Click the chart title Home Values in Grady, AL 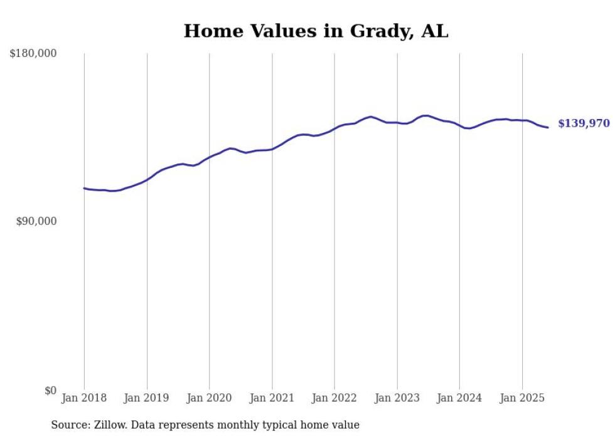(316, 31)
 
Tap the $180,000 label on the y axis (33, 54)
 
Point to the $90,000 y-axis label (36, 222)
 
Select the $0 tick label (50, 390)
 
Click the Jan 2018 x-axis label (84, 398)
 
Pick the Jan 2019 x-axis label (147, 398)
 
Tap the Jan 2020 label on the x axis (209, 398)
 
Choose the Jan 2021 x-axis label (272, 398)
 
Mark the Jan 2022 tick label (334, 398)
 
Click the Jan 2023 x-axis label (397, 398)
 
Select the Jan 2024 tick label (459, 398)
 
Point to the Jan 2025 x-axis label (522, 398)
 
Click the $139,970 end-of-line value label (584, 124)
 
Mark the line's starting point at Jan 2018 (84, 188)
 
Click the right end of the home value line (548, 128)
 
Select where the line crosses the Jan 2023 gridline (397, 123)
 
